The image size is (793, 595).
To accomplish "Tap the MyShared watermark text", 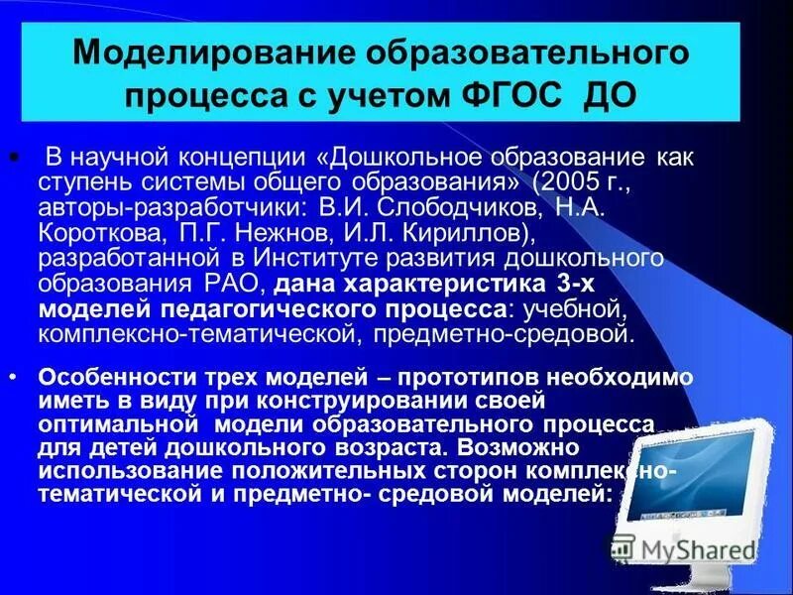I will pyautogui.click(x=695, y=548).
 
